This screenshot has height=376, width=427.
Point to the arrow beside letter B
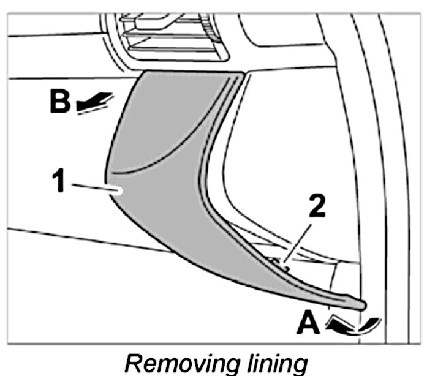(x=94, y=101)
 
